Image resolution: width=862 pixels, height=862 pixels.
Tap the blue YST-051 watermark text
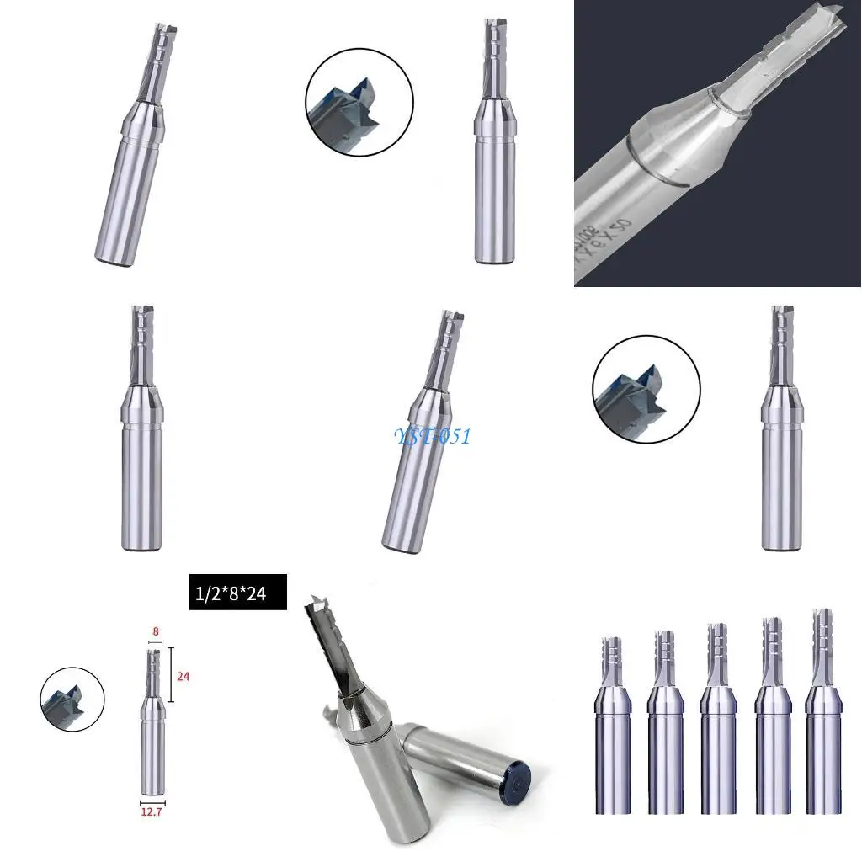(x=433, y=436)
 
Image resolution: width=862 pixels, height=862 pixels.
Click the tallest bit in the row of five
(x=822, y=707)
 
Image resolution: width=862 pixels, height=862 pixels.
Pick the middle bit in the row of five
(x=717, y=716)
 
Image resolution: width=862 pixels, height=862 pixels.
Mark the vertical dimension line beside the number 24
(x=172, y=674)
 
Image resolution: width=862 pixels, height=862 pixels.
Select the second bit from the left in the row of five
(x=665, y=720)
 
